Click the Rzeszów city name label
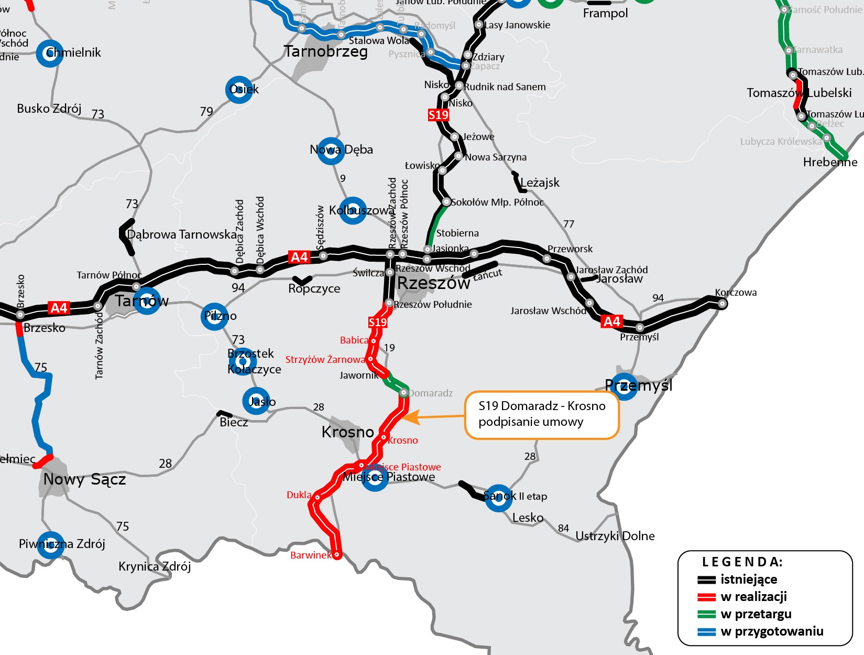click(433, 283)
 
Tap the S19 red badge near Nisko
click(439, 115)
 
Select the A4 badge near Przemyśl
click(611, 321)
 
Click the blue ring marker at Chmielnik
click(50, 53)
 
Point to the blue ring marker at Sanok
click(498, 498)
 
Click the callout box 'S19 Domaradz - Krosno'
click(542, 414)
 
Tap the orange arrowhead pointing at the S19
click(410, 417)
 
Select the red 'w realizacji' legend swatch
click(706, 597)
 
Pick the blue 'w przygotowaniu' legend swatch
click(706, 632)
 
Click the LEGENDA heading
click(742, 562)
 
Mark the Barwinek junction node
click(337, 554)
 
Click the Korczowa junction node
click(722, 304)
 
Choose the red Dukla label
click(299, 495)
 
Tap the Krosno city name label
click(347, 432)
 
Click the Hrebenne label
click(830, 163)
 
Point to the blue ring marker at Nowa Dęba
click(331, 151)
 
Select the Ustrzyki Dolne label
click(615, 536)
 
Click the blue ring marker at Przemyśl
click(624, 386)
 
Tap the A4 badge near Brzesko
click(59, 308)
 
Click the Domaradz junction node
click(403, 392)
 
